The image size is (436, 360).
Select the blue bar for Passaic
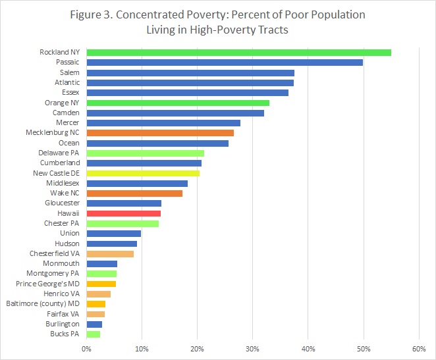pyautogui.click(x=225, y=63)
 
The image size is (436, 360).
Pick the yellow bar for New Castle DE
pyautogui.click(x=143, y=173)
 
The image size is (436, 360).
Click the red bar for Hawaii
pyautogui.click(x=123, y=213)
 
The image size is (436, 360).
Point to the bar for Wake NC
pyautogui.click(x=134, y=193)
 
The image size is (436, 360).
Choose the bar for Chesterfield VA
pyautogui.click(x=110, y=253)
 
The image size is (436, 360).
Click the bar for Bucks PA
pyautogui.click(x=93, y=334)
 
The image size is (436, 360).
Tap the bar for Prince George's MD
pyautogui.click(x=101, y=284)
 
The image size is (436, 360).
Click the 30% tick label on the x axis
pyautogui.click(x=252, y=349)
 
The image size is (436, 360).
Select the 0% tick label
pyautogui.click(x=86, y=349)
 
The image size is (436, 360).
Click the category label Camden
pyautogui.click(x=65, y=113)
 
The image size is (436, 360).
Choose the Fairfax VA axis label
pyautogui.click(x=61, y=314)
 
